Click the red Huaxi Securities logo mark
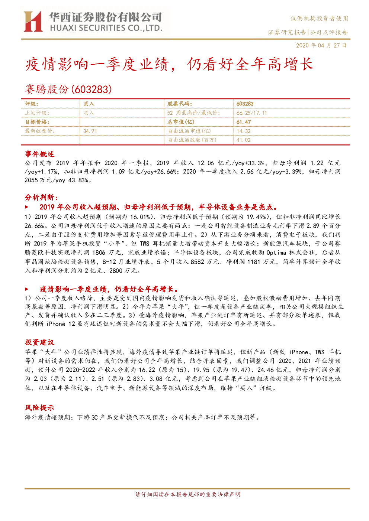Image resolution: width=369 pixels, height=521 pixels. (x=33, y=22)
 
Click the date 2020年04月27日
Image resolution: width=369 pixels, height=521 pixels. (x=321, y=45)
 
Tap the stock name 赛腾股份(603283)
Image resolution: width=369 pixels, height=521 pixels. (x=68, y=89)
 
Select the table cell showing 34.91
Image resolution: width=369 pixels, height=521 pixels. (x=90, y=131)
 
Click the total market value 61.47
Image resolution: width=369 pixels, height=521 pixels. (x=243, y=122)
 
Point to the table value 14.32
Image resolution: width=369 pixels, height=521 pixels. (x=243, y=131)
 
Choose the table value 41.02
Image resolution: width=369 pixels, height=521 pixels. (x=243, y=140)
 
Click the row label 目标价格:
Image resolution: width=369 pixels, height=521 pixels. (x=37, y=122)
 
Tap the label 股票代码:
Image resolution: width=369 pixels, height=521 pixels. (x=179, y=104)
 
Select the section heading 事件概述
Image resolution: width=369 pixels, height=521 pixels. (x=39, y=154)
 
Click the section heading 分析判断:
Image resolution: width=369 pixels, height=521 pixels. (x=41, y=198)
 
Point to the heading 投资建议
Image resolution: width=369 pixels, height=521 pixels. (x=39, y=342)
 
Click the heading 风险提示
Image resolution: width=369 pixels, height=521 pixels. (x=39, y=408)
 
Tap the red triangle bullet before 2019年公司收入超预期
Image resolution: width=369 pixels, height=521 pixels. (x=27, y=207)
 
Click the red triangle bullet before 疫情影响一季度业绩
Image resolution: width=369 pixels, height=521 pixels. (x=27, y=289)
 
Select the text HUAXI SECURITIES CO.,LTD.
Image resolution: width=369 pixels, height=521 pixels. (x=106, y=28)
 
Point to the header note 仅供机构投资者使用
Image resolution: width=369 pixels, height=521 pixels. (x=319, y=19)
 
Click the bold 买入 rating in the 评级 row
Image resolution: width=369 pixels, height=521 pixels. (x=89, y=104)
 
